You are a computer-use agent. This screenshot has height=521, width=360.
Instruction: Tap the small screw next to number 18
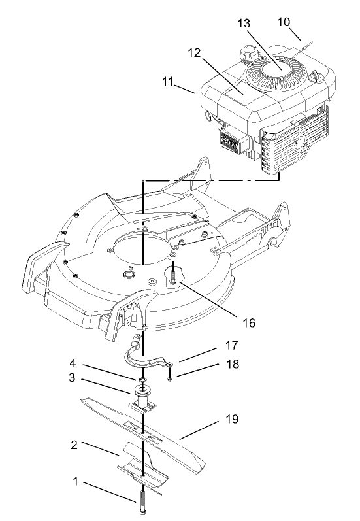click(x=169, y=375)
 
